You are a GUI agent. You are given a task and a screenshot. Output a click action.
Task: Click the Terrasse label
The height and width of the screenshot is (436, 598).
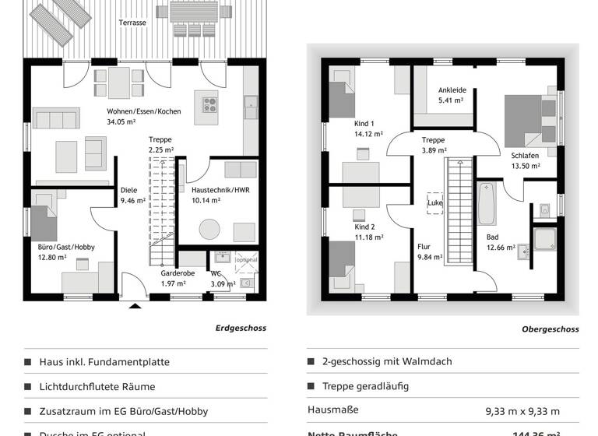pyautogui.click(x=132, y=23)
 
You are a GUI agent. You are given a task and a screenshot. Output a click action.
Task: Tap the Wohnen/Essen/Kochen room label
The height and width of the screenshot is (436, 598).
pyautogui.click(x=144, y=111)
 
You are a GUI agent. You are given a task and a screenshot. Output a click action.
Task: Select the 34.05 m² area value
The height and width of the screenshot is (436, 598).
pyautogui.click(x=121, y=122)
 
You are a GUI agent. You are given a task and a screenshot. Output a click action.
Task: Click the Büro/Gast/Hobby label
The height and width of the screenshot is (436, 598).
pyautogui.click(x=66, y=247)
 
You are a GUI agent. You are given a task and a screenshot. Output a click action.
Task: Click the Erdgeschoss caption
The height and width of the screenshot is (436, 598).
pyautogui.click(x=241, y=328)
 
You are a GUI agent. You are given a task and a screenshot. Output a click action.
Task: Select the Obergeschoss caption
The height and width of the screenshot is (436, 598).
pyautogui.click(x=550, y=329)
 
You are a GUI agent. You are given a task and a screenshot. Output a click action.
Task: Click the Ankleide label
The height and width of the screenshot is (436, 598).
pyautogui.click(x=452, y=90)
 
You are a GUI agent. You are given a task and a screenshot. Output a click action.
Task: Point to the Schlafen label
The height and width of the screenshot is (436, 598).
pyautogui.click(x=526, y=155)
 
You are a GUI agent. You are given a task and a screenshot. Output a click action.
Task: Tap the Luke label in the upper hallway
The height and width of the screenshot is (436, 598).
pyautogui.click(x=435, y=203)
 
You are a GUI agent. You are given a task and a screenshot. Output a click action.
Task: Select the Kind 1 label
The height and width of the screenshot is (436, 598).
pyautogui.click(x=364, y=123)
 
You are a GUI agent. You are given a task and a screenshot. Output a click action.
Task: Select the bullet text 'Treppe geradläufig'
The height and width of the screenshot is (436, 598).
pyautogui.click(x=365, y=386)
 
